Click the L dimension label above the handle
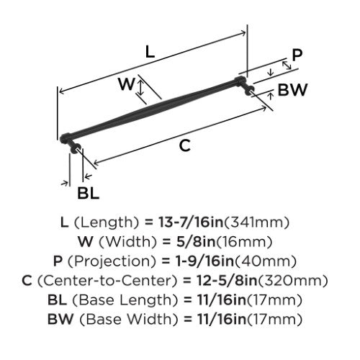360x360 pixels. click(150, 52)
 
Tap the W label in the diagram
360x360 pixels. click(126, 84)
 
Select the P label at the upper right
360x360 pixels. click(297, 55)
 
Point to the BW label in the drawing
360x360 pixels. click(292, 90)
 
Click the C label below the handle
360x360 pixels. click(185, 145)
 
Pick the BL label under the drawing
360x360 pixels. click(88, 193)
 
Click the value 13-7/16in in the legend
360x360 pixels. click(191, 222)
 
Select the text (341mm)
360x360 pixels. click(256, 222)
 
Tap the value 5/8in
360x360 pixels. click(196, 242)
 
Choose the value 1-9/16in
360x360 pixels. click(204, 261)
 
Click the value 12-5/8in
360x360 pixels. click(227, 281)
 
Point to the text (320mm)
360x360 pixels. click(292, 281)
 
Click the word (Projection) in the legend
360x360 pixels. click(112, 261)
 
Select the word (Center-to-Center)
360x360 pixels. click(107, 281)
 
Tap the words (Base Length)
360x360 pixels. click(122, 300)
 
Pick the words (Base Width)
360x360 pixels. click(129, 320)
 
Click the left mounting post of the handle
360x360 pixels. click(74, 146)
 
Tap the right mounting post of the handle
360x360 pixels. click(248, 89)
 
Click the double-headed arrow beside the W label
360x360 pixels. click(141, 87)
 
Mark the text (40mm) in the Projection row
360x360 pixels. click(265, 261)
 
